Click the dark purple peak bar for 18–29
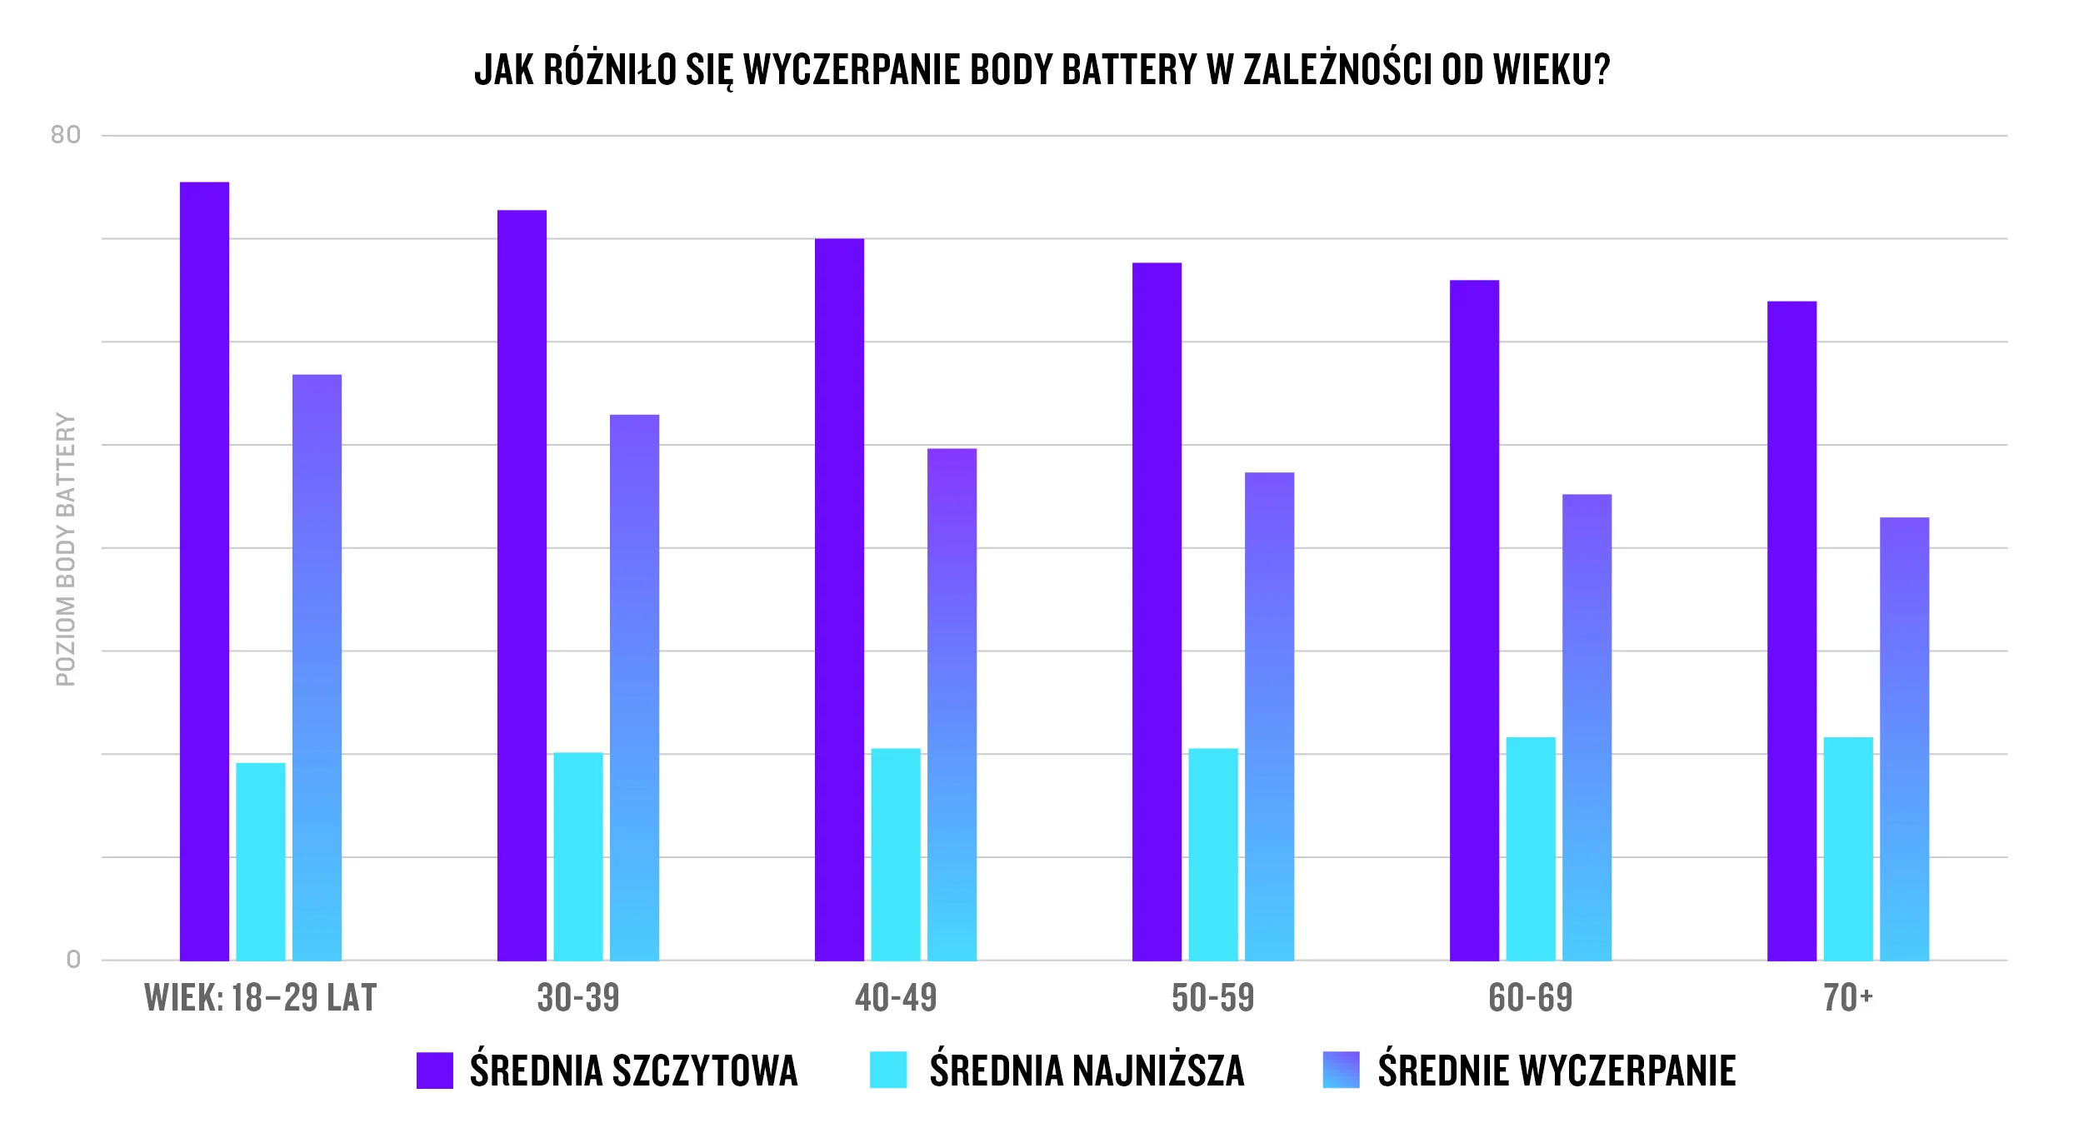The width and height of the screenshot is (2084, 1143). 204,571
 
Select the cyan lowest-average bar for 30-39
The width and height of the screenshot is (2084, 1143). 578,856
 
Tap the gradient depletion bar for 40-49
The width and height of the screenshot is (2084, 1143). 952,704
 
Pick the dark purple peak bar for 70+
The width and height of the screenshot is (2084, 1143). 1792,631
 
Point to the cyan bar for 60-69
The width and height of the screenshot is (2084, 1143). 1531,848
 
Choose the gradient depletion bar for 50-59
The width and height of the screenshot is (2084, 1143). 1269,716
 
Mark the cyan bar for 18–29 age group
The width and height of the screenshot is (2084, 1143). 261,861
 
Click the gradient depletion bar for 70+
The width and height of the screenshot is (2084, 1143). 1904,739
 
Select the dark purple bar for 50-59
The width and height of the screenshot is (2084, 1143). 1157,611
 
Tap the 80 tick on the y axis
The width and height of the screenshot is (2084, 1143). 66,135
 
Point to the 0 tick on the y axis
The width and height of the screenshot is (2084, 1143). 73,960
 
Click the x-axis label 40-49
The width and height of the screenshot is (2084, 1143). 896,998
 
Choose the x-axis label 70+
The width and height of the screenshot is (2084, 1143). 1847,998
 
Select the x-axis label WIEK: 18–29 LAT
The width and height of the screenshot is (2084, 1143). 261,998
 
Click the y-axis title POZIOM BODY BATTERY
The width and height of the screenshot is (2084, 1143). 65,550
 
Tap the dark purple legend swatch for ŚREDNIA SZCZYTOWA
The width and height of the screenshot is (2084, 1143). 435,1071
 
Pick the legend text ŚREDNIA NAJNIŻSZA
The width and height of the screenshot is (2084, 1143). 1087,1071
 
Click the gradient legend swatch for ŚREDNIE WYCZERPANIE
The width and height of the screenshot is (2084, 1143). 1341,1071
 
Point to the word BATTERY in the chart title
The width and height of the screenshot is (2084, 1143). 1130,70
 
